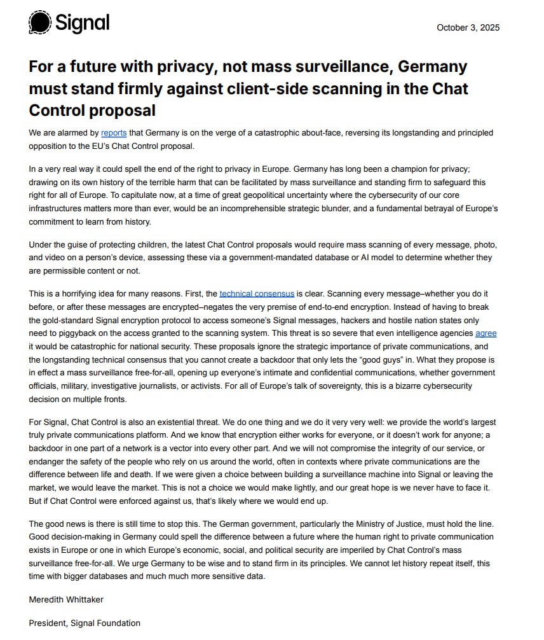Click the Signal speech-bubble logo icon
[39, 23]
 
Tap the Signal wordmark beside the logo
[83, 23]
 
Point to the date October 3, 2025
[468, 27]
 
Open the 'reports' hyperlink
[114, 133]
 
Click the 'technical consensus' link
[257, 293]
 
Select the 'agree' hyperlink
[486, 333]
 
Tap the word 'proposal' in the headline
[122, 110]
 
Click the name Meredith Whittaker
[66, 599]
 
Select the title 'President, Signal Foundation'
[85, 623]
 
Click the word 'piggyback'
[71, 333]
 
